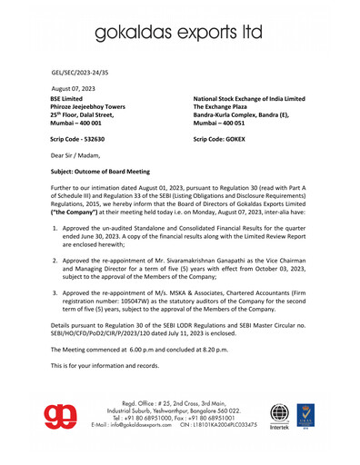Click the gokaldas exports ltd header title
pyautogui.click(x=179, y=34)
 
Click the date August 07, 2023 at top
pyautogui.click(x=77, y=87)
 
